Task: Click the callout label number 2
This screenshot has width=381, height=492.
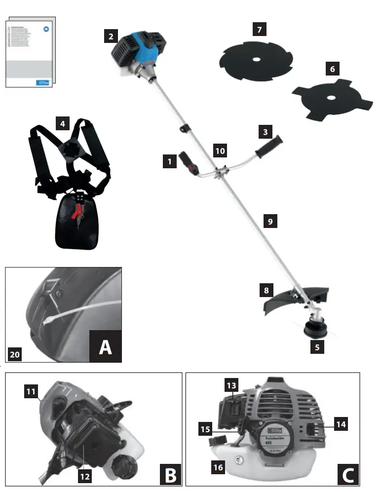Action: click(x=111, y=36)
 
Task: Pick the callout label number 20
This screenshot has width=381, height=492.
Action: click(x=15, y=355)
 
